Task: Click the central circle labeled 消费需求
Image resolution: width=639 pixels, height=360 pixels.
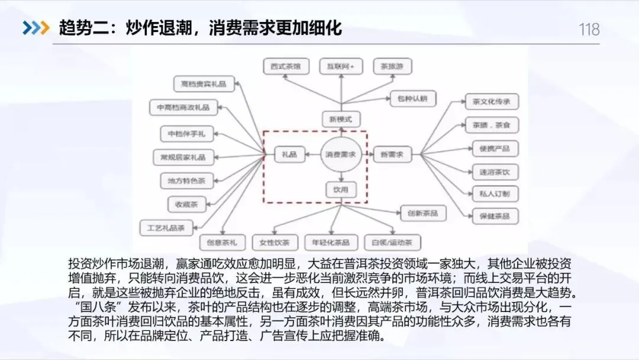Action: [341, 155]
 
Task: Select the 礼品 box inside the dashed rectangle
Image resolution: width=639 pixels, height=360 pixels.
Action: [289, 155]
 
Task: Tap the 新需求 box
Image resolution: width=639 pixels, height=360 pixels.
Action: [392, 155]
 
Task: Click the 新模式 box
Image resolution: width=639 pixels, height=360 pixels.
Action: [341, 120]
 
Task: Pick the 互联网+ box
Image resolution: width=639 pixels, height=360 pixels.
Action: [341, 66]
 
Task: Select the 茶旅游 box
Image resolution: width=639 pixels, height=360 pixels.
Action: [392, 66]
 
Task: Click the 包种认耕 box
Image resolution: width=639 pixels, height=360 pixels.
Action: [412, 98]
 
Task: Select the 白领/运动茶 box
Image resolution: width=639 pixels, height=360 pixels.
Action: [392, 242]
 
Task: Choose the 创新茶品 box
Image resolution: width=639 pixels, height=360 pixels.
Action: [423, 213]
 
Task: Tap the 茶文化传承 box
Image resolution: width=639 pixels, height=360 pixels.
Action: [492, 101]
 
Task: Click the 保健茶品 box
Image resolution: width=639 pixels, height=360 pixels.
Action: [495, 216]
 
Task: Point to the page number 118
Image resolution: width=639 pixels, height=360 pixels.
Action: [589, 29]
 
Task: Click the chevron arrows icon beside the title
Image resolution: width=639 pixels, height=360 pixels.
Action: [36, 28]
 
